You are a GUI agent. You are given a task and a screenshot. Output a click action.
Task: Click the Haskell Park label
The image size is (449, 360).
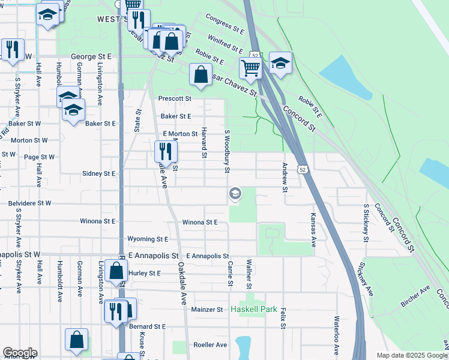click(255, 310)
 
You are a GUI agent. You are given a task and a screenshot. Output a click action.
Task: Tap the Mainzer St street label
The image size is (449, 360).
click(207, 310)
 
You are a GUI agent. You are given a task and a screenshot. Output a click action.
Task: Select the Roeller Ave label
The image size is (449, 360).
click(210, 345)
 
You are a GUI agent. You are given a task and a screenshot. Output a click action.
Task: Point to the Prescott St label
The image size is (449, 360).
click(175, 98)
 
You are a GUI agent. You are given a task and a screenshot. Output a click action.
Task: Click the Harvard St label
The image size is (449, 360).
click(205, 143)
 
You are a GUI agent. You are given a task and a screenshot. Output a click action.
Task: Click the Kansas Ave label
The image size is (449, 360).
click(313, 229)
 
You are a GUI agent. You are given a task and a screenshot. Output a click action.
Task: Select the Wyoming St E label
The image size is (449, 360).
click(148, 239)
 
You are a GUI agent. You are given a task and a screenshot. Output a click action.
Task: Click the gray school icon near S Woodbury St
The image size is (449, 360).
click(235, 193)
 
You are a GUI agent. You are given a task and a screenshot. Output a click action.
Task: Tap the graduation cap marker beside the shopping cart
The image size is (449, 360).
click(280, 62)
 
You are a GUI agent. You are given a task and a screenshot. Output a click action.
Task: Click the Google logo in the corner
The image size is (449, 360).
click(20, 353)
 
